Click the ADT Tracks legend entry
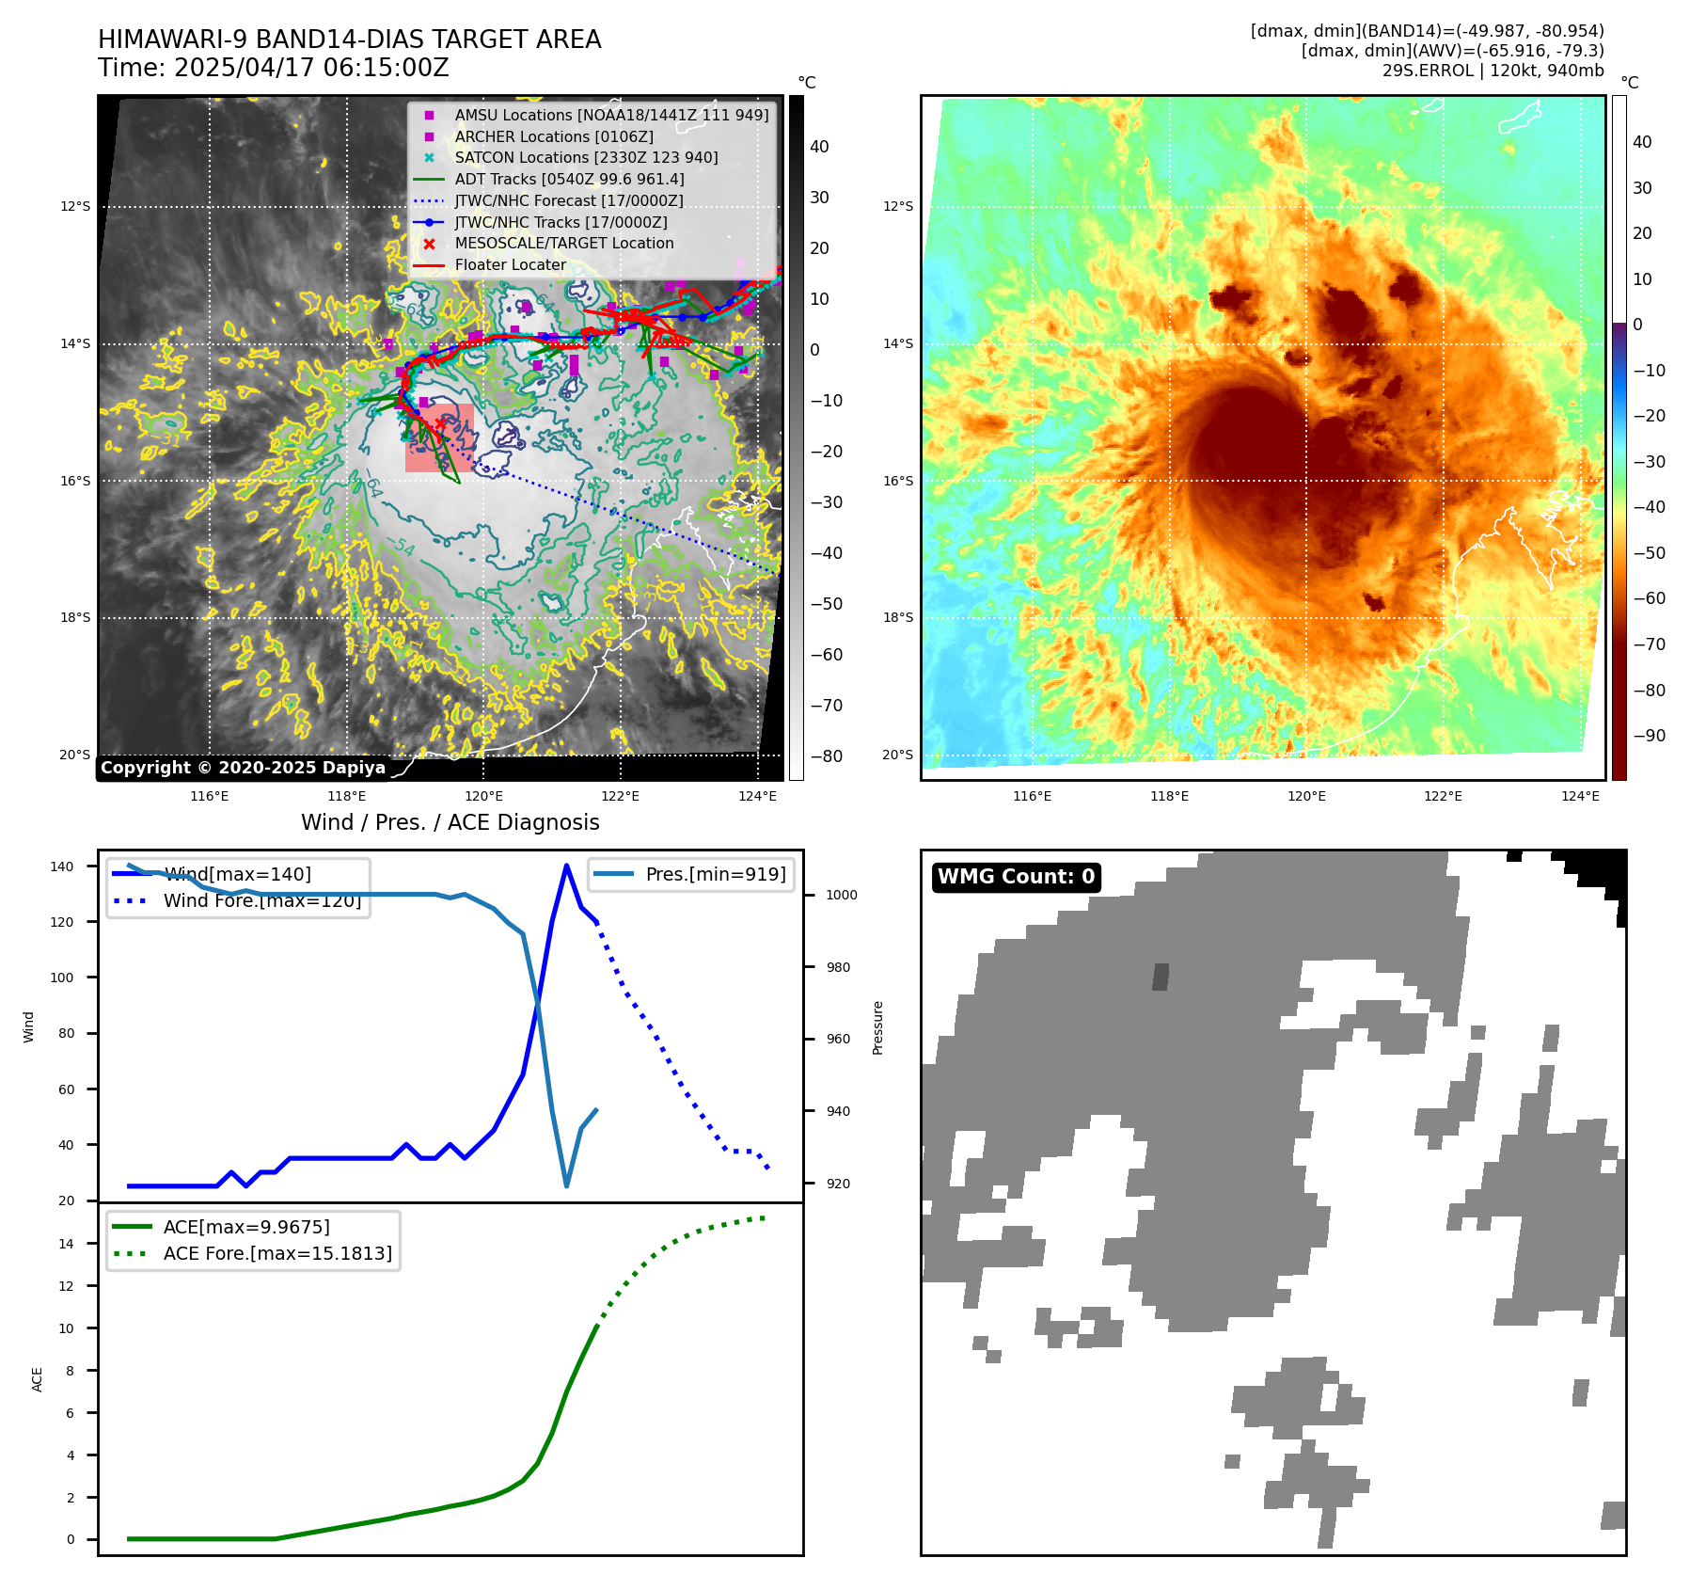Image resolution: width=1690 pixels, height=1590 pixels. point(569,179)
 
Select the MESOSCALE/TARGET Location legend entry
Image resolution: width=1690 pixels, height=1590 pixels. point(563,243)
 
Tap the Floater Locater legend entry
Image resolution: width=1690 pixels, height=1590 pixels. point(510,264)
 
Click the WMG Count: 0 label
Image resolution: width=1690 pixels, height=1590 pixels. point(1016,877)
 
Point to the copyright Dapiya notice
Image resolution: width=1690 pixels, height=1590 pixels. point(243,768)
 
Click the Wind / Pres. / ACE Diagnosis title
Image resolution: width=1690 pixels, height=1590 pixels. point(450,822)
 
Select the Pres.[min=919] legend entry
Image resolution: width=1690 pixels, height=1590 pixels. point(715,874)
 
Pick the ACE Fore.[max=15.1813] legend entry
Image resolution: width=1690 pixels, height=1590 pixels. point(277,1253)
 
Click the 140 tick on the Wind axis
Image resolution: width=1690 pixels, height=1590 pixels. point(62,867)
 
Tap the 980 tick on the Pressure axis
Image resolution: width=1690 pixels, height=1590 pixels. point(841,967)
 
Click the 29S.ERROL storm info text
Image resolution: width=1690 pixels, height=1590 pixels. point(1493,71)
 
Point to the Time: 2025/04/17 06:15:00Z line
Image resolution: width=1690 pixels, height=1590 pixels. point(274,69)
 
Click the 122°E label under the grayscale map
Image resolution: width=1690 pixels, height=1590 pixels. point(620,796)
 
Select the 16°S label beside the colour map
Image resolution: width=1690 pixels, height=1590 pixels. point(897,481)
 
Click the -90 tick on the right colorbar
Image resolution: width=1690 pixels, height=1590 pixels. point(1649,736)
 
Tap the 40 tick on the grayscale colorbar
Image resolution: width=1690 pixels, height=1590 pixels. point(818,147)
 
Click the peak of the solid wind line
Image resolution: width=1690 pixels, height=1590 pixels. point(566,865)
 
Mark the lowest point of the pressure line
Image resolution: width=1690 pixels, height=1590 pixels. point(566,1185)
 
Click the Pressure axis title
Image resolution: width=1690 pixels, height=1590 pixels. point(877,1027)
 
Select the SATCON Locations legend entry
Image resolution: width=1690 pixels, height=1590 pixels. point(586,157)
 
